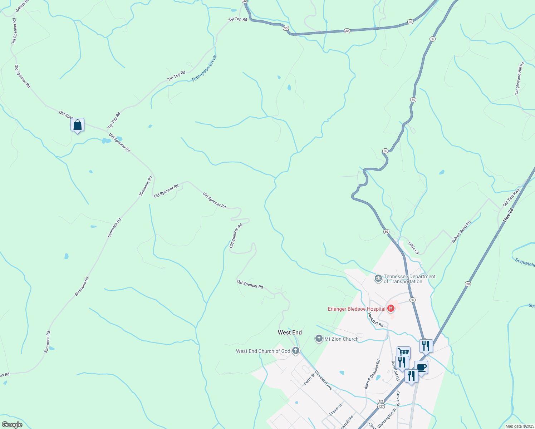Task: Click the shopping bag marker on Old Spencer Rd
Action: point(78,125)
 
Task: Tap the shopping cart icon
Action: point(403,352)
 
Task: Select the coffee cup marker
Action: point(421,368)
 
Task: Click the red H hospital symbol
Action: point(391,308)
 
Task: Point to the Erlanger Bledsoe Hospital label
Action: point(357,309)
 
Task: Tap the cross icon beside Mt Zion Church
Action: point(319,339)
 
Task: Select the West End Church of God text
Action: point(263,351)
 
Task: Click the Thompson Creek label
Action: point(204,68)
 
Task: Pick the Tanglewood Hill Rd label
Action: point(519,79)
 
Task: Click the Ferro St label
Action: point(309,379)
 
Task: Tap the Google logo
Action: point(12,425)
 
